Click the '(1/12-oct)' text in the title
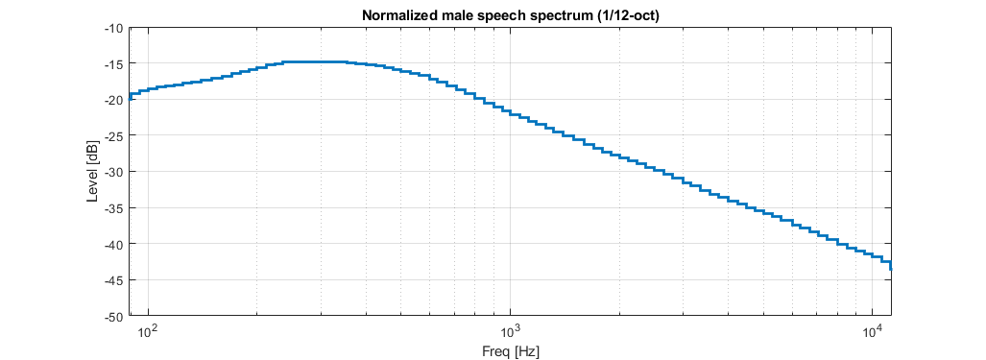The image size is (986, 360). pyautogui.click(x=627, y=15)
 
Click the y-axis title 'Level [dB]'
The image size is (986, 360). pyautogui.click(x=92, y=172)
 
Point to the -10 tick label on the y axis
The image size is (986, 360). pyautogui.click(x=112, y=28)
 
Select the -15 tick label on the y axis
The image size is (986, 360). pyautogui.click(x=112, y=63)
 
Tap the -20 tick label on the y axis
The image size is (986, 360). pyautogui.click(x=112, y=100)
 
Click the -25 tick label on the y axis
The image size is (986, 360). pyautogui.click(x=112, y=135)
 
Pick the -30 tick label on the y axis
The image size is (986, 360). pyautogui.click(x=112, y=172)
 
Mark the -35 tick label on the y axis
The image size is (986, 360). pyautogui.click(x=112, y=207)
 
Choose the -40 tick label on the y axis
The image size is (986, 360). pyautogui.click(x=112, y=244)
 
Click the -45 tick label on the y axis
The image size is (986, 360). pyautogui.click(x=112, y=279)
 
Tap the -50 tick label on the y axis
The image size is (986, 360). pyautogui.click(x=112, y=316)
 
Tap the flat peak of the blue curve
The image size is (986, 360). pyautogui.click(x=307, y=61)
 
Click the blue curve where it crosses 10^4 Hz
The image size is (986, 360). pyautogui.click(x=872, y=256)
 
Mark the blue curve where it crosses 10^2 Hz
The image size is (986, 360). pyautogui.click(x=148, y=89)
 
